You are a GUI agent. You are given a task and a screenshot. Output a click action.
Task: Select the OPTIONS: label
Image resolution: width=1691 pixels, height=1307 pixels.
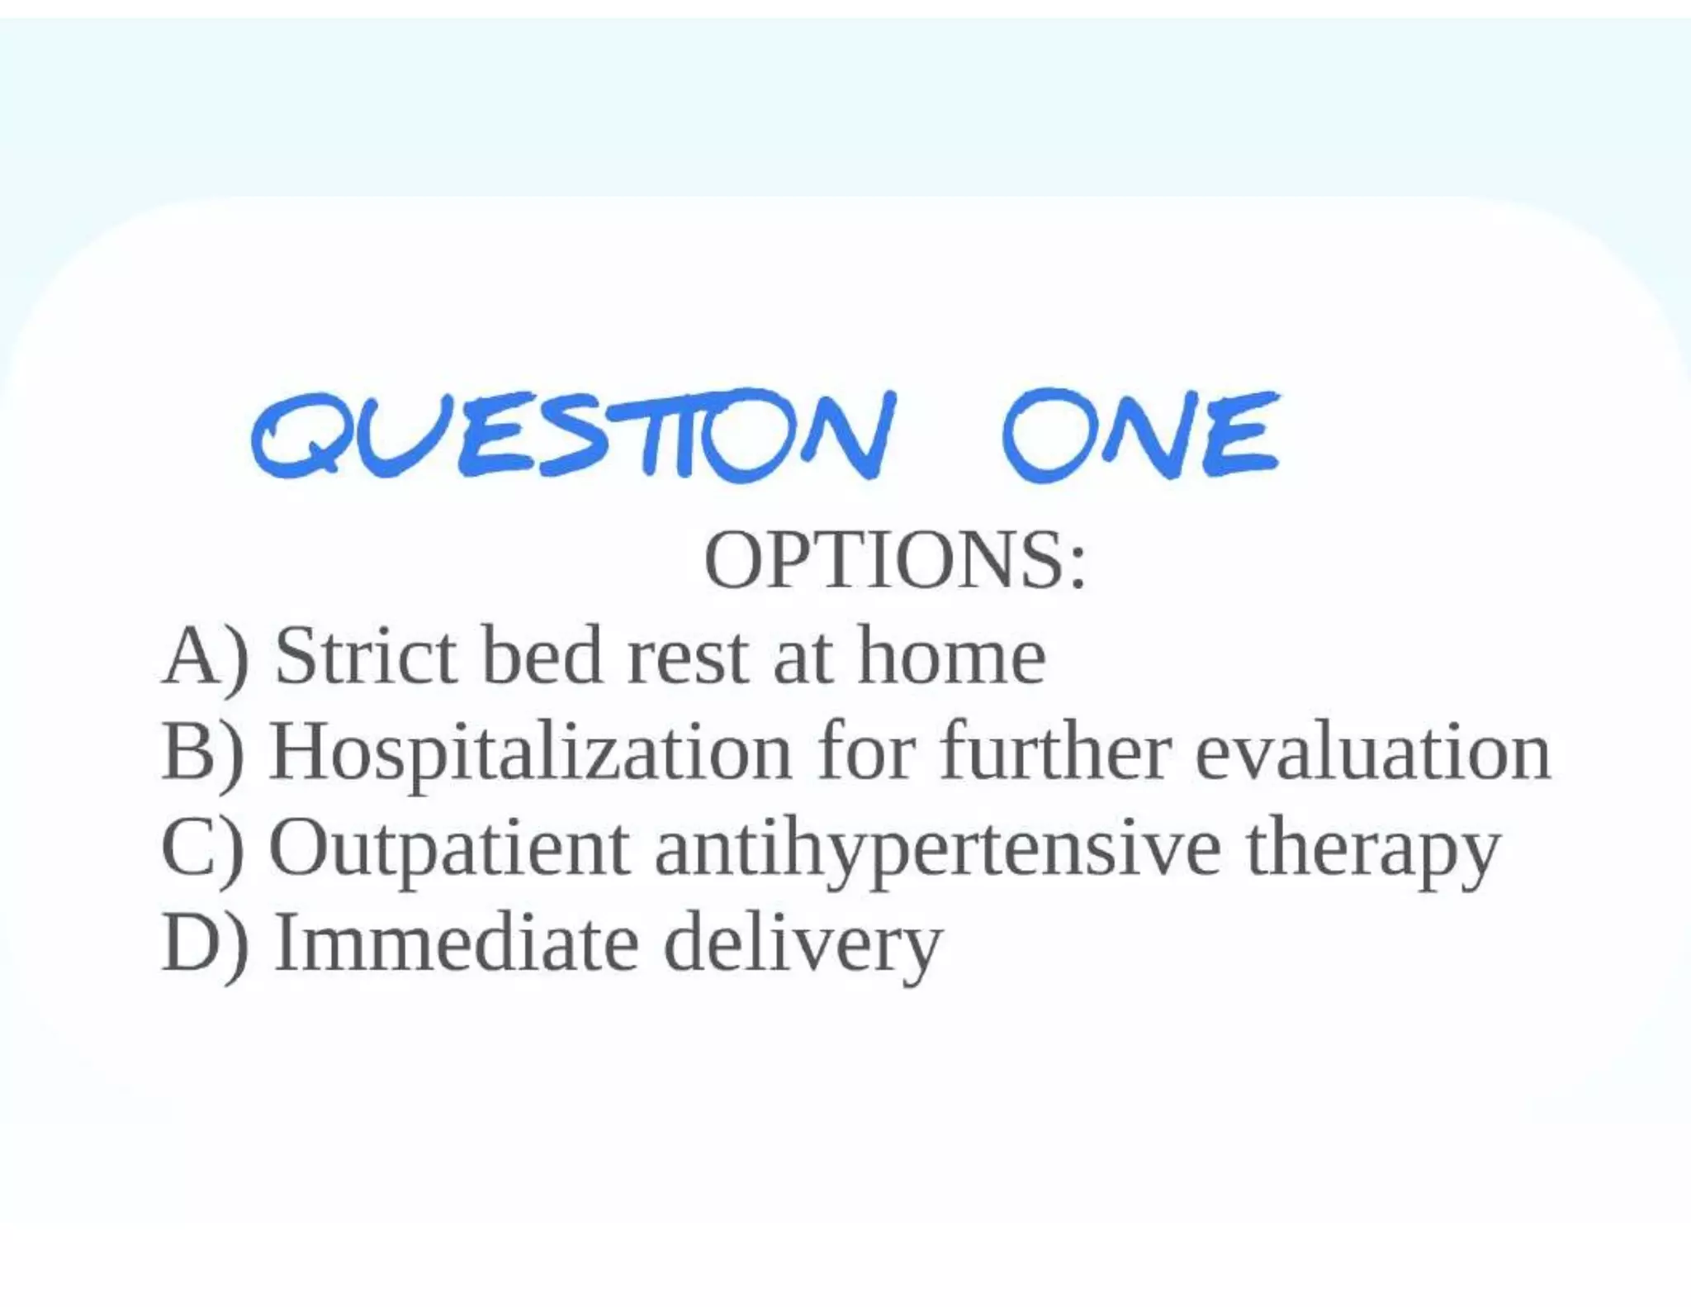(x=895, y=561)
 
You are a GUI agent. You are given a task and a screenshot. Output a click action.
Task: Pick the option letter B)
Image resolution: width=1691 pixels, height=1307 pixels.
(x=203, y=752)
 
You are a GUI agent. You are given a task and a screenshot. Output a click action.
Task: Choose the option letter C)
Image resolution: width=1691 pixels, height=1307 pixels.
(x=203, y=848)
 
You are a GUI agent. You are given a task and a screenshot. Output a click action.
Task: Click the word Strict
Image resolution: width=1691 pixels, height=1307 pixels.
(x=366, y=658)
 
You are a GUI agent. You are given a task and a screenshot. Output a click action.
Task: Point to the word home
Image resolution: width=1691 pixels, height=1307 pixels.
(x=951, y=658)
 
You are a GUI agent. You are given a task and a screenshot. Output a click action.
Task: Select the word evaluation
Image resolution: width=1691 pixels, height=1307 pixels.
(x=1373, y=752)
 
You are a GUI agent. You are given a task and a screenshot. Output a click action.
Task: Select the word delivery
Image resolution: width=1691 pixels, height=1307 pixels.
(x=803, y=944)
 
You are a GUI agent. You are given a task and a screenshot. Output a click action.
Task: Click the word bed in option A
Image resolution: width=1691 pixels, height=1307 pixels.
(x=542, y=658)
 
